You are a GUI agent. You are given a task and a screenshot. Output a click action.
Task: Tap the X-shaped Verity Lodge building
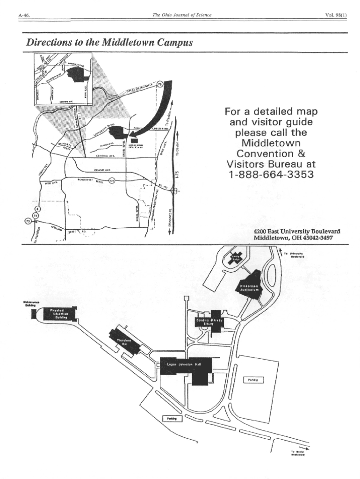(235, 258)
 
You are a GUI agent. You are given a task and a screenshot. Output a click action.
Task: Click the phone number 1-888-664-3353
(271, 175)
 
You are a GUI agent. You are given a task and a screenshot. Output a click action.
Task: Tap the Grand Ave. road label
(102, 170)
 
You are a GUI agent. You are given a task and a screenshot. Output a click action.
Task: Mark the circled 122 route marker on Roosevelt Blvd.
(111, 180)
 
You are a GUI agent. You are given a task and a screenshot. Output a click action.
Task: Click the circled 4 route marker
(38, 208)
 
